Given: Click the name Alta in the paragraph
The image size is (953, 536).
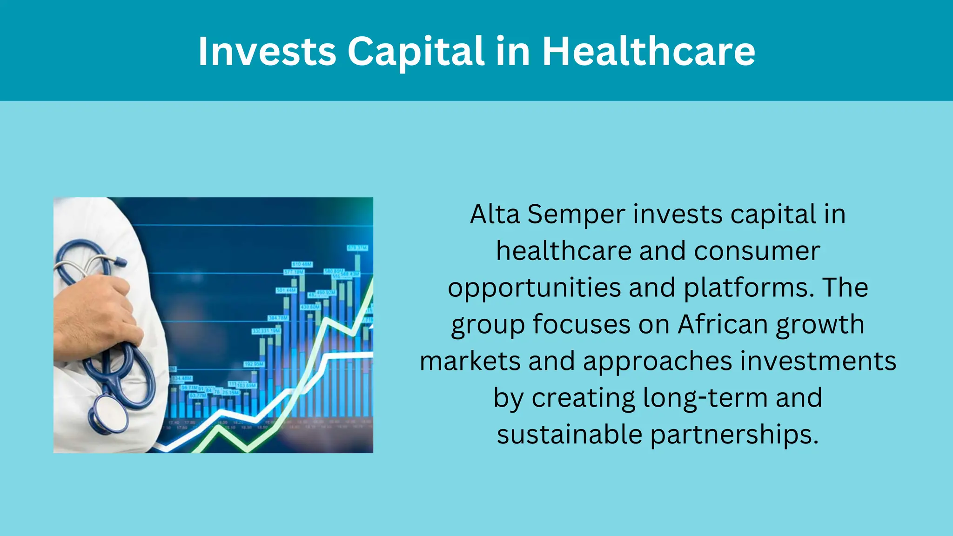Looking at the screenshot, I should pos(495,214).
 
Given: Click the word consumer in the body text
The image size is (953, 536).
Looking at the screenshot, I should pos(757,251).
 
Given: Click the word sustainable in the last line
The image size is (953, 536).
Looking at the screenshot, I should pos(570,435).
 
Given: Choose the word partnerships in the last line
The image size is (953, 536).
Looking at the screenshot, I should pos(734,435).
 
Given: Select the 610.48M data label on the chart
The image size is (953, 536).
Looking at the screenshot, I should pos(302,264).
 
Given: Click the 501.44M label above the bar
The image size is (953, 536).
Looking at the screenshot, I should pos(286,290).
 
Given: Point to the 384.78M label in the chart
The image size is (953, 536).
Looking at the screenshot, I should pos(278,318).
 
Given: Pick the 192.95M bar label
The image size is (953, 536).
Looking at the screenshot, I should pos(254,364).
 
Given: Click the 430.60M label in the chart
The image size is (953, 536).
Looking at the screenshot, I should pos(310,307).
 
